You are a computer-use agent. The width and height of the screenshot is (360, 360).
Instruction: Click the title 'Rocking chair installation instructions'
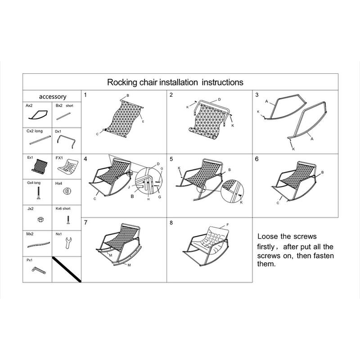pos(175,82)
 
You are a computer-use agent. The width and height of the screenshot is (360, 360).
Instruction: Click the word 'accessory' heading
pos(53,96)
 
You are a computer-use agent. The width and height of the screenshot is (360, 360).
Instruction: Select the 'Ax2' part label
pos(29,105)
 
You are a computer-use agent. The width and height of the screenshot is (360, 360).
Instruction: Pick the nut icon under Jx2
pos(39,220)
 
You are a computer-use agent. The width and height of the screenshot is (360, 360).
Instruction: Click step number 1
pos(85,95)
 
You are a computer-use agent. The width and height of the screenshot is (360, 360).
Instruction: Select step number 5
pos(171,159)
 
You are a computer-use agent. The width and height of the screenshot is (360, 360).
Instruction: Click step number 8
pos(171,223)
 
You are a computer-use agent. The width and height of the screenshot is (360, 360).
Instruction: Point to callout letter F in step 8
pos(227,225)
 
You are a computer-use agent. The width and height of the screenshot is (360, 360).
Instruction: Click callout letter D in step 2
pos(219,99)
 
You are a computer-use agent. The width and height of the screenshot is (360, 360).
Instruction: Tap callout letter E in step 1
pos(142,122)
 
